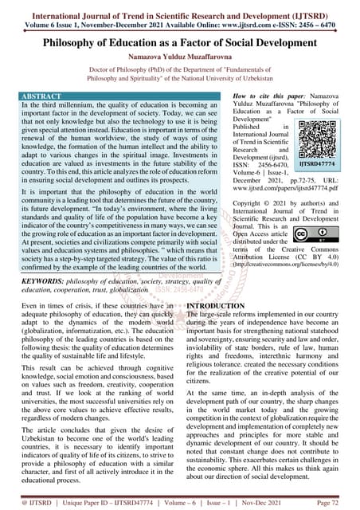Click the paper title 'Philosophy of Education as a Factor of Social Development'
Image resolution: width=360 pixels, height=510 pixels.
180,41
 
